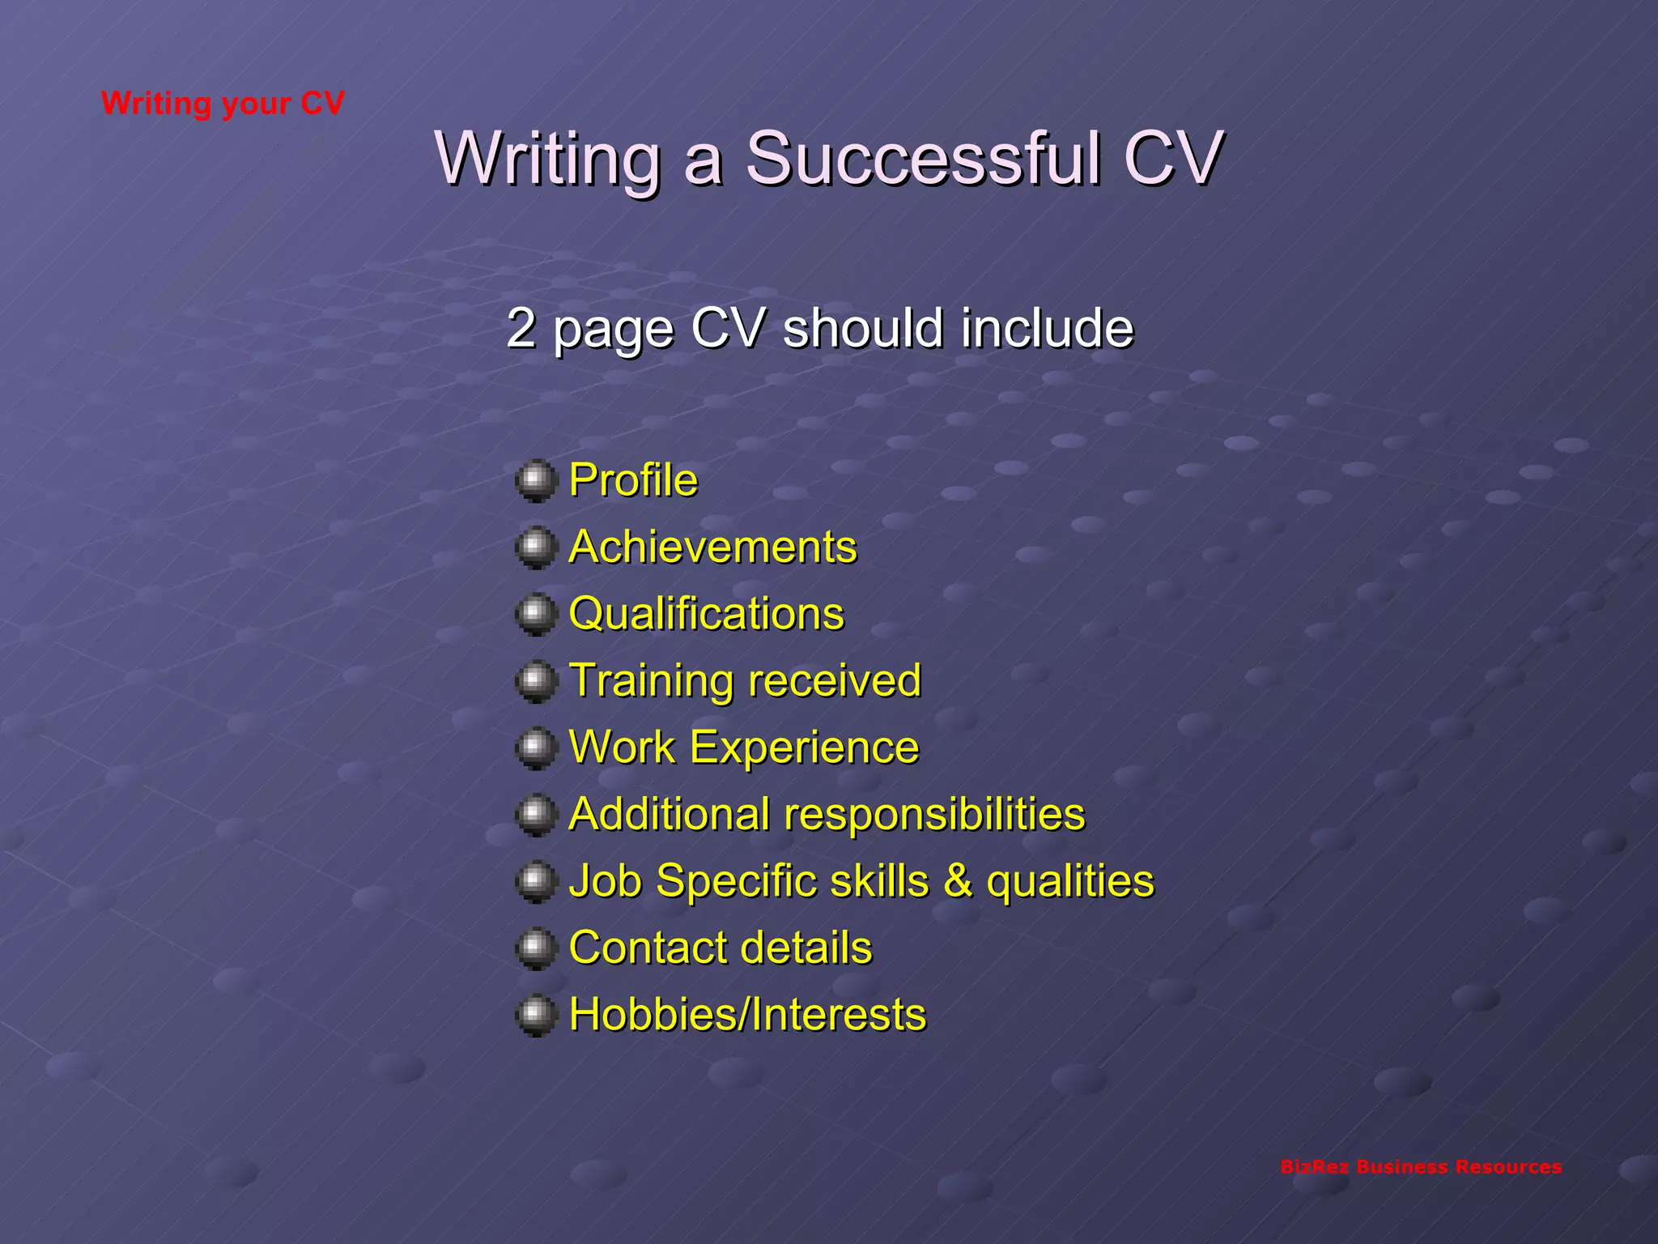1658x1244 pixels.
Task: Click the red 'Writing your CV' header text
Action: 223,104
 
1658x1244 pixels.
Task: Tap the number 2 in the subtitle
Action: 521,328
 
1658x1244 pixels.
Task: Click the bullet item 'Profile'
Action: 633,479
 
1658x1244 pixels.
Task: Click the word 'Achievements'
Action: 712,547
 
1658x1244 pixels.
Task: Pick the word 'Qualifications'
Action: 706,613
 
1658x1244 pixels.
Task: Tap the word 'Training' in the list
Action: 644,680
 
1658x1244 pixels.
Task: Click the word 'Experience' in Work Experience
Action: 804,747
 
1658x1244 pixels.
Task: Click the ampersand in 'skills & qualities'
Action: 958,880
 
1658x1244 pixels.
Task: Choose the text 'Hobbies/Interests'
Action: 746,1014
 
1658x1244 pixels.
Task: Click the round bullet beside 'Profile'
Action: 536,481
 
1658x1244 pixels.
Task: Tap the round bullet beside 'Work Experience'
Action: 536,748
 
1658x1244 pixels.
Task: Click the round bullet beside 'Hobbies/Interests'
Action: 536,1015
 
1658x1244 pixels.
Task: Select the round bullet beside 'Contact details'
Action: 536,948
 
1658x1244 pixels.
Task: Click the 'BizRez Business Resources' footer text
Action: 1421,1167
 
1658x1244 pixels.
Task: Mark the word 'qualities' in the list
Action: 1069,880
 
